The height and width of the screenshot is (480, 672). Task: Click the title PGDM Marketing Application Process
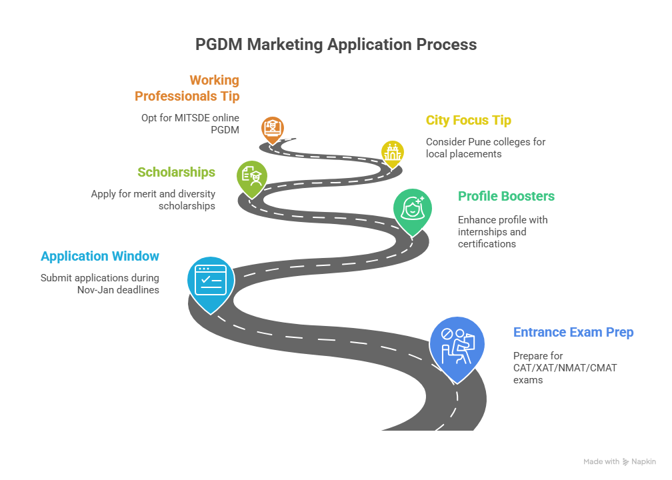click(335, 45)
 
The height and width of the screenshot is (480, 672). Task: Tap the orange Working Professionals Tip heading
click(187, 88)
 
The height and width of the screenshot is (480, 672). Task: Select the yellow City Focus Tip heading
click(469, 121)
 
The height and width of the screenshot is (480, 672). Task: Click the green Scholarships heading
click(176, 172)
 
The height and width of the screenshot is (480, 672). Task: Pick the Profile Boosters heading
click(506, 196)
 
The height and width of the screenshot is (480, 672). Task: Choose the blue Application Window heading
click(100, 256)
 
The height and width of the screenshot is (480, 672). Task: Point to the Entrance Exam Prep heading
click(573, 332)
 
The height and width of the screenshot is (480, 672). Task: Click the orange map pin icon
click(272, 128)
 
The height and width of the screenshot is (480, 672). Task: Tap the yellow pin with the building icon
click(392, 153)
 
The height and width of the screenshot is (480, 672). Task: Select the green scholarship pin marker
click(251, 176)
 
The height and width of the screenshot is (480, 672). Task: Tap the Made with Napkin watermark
click(619, 461)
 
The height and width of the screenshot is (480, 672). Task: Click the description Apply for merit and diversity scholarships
click(153, 200)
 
